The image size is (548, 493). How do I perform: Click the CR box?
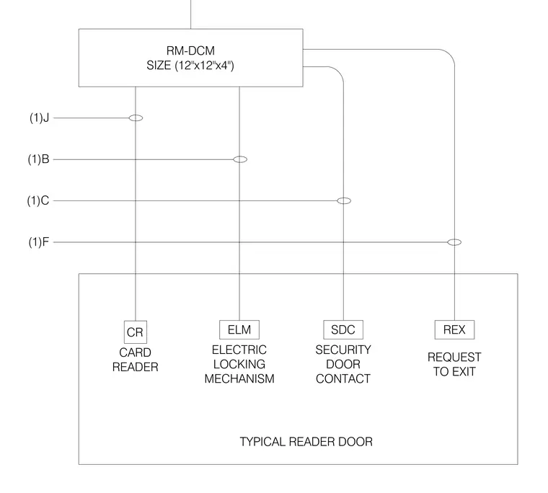(x=136, y=332)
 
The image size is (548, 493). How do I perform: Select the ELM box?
(x=239, y=329)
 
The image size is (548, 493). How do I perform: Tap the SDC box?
(x=343, y=329)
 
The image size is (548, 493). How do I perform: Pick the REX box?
(x=454, y=329)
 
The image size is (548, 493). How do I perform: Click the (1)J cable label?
(x=39, y=117)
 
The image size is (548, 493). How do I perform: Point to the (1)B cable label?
(x=38, y=159)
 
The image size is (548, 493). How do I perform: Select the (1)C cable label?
(x=38, y=200)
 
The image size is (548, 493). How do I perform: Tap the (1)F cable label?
(x=39, y=241)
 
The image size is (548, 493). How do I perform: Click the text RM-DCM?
(x=190, y=50)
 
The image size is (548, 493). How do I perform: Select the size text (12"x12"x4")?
(x=205, y=66)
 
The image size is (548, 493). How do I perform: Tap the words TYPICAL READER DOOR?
(x=306, y=442)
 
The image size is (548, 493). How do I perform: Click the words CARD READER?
(x=136, y=360)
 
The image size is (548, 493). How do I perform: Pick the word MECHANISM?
(x=239, y=378)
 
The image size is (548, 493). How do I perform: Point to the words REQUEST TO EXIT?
(x=454, y=364)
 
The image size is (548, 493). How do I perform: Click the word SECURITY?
(x=343, y=350)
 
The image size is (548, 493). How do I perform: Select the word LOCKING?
(x=239, y=364)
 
